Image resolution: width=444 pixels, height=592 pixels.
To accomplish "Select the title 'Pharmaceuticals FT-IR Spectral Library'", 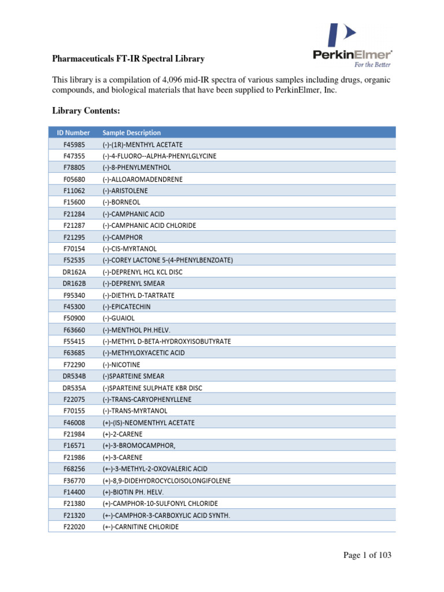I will tap(128, 59).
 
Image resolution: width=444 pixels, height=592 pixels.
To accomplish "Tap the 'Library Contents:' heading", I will tap(86, 110).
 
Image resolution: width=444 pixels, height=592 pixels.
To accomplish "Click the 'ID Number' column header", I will tap(73, 132).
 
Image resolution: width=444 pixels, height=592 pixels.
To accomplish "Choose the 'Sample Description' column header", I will tap(131, 132).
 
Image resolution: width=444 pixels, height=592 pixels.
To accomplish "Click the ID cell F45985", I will tap(73, 144).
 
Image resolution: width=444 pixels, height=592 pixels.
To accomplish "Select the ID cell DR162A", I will tap(73, 272).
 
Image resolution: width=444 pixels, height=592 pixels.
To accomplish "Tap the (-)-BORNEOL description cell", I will tap(123, 202).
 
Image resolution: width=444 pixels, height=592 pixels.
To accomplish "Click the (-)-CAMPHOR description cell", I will tap(123, 237).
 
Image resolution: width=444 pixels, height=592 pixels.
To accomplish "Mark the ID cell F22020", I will tap(73, 527).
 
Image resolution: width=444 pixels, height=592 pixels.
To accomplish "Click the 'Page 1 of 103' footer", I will tap(367, 556).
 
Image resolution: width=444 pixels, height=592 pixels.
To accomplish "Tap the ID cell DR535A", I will tap(73, 388).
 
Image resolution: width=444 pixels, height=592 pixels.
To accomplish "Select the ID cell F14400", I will tap(73, 492).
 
